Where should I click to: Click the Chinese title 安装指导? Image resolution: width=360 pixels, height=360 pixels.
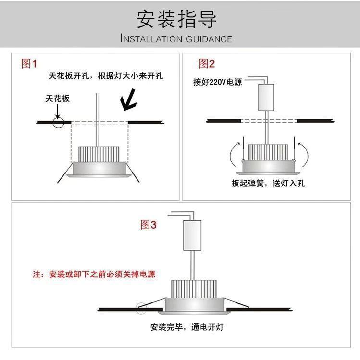176,19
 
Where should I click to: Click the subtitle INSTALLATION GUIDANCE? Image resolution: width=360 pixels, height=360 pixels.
176,39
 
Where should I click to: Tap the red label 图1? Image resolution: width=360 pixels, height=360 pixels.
29,63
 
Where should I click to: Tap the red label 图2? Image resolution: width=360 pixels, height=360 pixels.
207,63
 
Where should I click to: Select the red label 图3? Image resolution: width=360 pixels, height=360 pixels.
148,224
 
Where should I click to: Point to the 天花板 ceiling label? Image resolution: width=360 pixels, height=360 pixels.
58,99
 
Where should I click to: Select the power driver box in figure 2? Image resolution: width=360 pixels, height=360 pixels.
266,97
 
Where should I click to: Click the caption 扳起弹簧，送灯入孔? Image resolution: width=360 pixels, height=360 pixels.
268,183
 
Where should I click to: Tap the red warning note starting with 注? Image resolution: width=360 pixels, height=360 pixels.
94,274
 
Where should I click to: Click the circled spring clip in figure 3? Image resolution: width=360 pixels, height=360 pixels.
141,308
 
